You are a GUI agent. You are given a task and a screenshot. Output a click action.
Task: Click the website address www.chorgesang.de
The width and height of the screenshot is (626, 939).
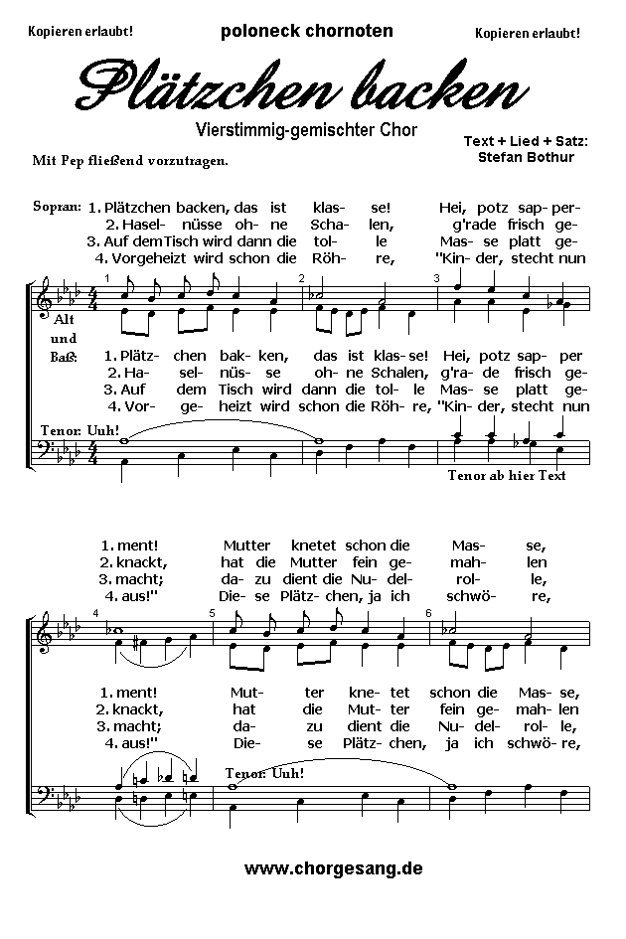(333, 867)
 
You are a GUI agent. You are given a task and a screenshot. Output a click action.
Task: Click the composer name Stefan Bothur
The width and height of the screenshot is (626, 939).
(525, 156)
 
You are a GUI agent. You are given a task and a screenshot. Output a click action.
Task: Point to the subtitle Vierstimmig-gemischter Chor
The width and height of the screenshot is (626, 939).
(306, 129)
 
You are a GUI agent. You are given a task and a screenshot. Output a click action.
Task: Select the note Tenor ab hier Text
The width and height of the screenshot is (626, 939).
(507, 475)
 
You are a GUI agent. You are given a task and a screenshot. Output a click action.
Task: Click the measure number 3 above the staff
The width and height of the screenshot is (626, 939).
(436, 277)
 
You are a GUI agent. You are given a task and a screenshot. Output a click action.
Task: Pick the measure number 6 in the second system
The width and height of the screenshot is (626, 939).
(427, 612)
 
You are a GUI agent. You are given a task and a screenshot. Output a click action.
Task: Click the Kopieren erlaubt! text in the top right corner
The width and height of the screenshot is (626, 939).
(527, 33)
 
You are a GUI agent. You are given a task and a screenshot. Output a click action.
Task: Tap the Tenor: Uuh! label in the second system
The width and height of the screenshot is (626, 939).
(264, 772)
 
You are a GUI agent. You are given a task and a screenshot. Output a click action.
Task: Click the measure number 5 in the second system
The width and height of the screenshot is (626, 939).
(212, 612)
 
